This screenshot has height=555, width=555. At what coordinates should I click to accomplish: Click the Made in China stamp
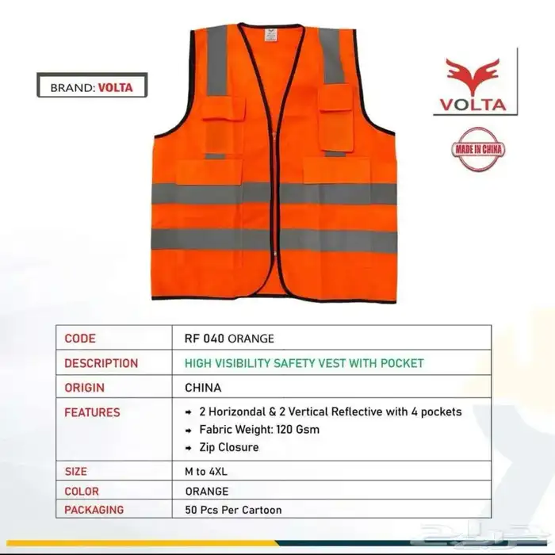pos(480,149)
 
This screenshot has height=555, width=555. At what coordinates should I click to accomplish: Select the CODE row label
pos(80,338)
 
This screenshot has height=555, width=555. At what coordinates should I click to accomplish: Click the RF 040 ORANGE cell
pos(228,338)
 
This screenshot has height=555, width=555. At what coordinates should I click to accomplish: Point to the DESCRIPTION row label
pos(101,363)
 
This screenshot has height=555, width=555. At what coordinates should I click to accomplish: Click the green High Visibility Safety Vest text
pos(304,363)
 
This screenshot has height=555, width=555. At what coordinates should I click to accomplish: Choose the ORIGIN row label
pos(85,388)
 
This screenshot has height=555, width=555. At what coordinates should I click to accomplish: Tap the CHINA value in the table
pos(203,388)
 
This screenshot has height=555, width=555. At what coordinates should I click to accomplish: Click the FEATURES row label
pos(92,412)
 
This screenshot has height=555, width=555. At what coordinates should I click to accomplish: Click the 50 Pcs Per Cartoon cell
pos(232,509)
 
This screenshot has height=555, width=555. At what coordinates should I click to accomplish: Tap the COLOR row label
pos(82,491)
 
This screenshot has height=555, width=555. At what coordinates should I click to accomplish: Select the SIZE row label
pos(76,472)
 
